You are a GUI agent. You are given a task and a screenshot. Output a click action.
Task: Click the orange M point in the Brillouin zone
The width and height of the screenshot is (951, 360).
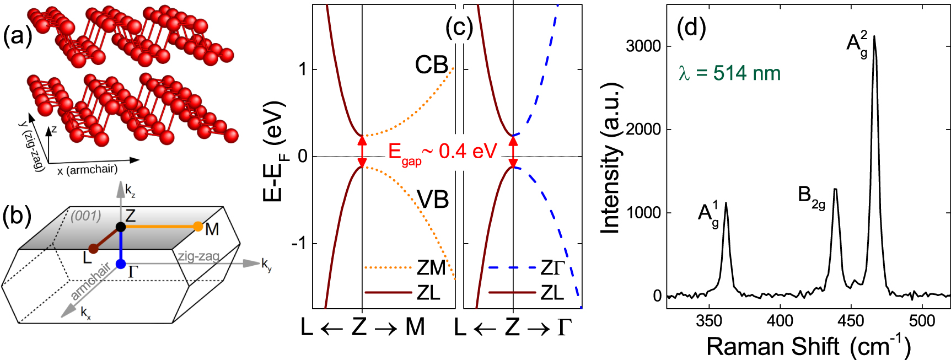(x=198, y=226)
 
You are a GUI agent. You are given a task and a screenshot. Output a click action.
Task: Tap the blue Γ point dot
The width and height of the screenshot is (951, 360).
(x=121, y=264)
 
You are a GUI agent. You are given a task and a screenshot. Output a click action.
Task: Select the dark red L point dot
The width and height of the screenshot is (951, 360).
(x=93, y=249)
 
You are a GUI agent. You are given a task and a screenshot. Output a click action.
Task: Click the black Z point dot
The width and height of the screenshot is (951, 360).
(x=121, y=227)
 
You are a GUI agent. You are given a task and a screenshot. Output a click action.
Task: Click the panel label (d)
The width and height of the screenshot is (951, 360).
(x=691, y=27)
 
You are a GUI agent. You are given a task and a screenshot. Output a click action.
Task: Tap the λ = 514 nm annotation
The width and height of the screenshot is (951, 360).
(x=729, y=73)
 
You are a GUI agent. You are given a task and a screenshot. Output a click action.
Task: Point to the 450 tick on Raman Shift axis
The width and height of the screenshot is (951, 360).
(x=851, y=320)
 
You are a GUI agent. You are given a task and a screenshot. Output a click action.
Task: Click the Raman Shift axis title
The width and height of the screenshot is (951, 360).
(x=808, y=346)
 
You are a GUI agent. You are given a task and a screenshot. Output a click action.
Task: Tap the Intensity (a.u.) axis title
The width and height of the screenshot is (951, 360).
(x=611, y=158)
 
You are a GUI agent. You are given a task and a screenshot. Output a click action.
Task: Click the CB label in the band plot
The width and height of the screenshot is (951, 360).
(x=431, y=65)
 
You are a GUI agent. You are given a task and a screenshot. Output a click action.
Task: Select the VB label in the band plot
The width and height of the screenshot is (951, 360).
(x=433, y=200)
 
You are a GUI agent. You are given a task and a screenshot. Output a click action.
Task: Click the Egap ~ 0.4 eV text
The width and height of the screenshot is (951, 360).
(x=442, y=152)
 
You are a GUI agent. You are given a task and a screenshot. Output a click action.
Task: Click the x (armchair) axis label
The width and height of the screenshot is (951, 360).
(x=87, y=170)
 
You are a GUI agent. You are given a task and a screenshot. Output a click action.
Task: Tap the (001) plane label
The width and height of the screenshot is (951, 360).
(x=85, y=216)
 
